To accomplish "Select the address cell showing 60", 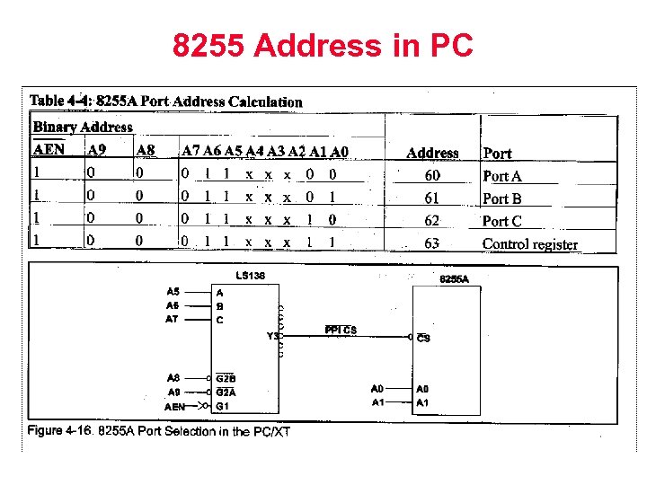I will click(432, 176).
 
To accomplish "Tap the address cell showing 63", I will click(432, 242).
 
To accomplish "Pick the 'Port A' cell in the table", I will click(501, 177).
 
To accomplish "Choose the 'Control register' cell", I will click(529, 243).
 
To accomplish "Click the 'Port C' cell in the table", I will click(501, 221).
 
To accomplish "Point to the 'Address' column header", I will click(432, 154).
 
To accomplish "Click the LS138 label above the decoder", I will click(250, 275).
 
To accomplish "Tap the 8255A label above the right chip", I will click(454, 279).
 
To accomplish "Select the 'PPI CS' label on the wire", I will click(341, 331).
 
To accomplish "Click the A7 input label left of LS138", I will click(173, 319).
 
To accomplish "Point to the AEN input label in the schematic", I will click(175, 406).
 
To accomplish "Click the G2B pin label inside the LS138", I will click(225, 378).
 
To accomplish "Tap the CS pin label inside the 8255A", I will click(423, 339).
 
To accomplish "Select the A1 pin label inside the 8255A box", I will click(422, 402).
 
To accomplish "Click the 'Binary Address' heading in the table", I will click(83, 128).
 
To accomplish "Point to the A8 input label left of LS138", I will click(173, 378).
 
